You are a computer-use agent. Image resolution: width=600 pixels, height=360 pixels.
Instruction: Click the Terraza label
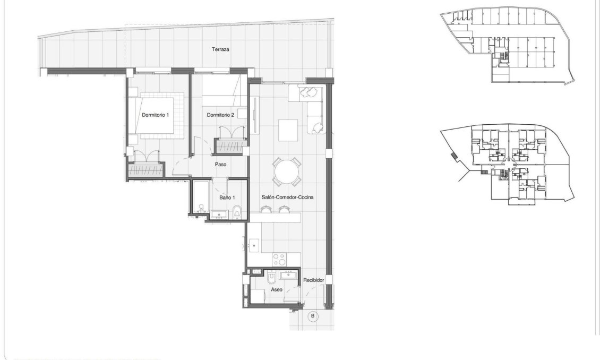coord(220,49)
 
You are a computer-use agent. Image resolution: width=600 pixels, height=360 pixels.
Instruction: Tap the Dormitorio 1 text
coord(155,115)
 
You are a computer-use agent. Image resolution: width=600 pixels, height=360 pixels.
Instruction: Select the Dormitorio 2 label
coord(220,115)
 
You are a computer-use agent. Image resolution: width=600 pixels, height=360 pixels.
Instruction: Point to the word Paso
coord(221,165)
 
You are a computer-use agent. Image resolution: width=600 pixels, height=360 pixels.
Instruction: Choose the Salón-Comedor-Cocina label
coord(287,197)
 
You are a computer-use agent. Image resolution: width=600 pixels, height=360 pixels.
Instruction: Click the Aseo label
coord(276,290)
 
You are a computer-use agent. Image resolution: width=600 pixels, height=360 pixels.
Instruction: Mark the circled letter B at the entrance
coord(313,316)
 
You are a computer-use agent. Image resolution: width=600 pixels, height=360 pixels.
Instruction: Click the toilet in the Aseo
coord(271,278)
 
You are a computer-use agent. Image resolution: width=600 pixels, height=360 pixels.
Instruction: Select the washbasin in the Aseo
coord(292,276)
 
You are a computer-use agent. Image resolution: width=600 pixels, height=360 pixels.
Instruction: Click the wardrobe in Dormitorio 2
coord(231,144)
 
